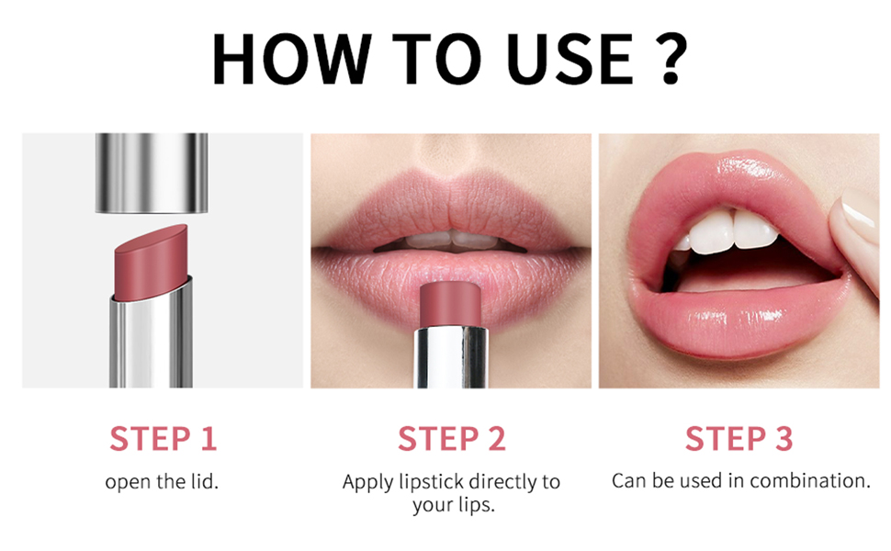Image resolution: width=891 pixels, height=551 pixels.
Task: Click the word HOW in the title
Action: pyautogui.click(x=291, y=59)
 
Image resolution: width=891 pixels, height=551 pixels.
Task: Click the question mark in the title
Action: pyautogui.click(x=669, y=59)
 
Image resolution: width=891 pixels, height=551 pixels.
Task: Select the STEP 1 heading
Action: pyautogui.click(x=164, y=439)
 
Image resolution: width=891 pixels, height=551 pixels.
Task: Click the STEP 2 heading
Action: pyautogui.click(x=451, y=439)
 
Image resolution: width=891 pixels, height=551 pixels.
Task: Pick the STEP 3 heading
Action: pyautogui.click(x=739, y=439)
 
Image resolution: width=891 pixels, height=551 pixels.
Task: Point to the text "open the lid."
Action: pyautogui.click(x=162, y=482)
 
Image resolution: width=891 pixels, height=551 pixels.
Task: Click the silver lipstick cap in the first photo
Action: pyautogui.click(x=152, y=174)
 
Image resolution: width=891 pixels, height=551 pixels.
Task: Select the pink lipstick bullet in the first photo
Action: pyautogui.click(x=152, y=262)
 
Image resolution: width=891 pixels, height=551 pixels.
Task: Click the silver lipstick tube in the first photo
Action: pyautogui.click(x=152, y=335)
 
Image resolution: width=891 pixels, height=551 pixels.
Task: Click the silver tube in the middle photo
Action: pyautogui.click(x=452, y=358)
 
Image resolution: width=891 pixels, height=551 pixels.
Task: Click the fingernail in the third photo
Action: pyautogui.click(x=859, y=208)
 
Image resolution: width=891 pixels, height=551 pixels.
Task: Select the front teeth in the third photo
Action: pyautogui.click(x=733, y=231)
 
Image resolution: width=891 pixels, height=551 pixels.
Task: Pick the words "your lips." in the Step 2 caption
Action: pyautogui.click(x=454, y=505)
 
